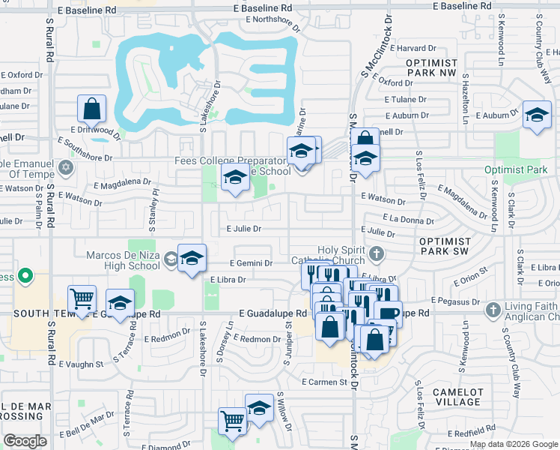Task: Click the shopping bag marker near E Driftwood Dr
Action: coord(91,109)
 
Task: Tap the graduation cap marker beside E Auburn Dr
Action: coord(536,115)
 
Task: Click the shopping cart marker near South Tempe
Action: coord(82,298)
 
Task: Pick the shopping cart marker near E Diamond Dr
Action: coord(232,420)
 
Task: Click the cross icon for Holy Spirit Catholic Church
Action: coord(375,253)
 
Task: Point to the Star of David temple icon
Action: coord(66,166)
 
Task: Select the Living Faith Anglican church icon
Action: coord(493,309)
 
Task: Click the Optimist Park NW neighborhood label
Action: coord(442,67)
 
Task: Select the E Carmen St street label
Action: coord(324,382)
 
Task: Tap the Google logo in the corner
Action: coord(25,441)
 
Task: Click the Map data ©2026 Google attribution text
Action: coord(513,444)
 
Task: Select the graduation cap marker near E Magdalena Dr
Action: coord(235,179)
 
